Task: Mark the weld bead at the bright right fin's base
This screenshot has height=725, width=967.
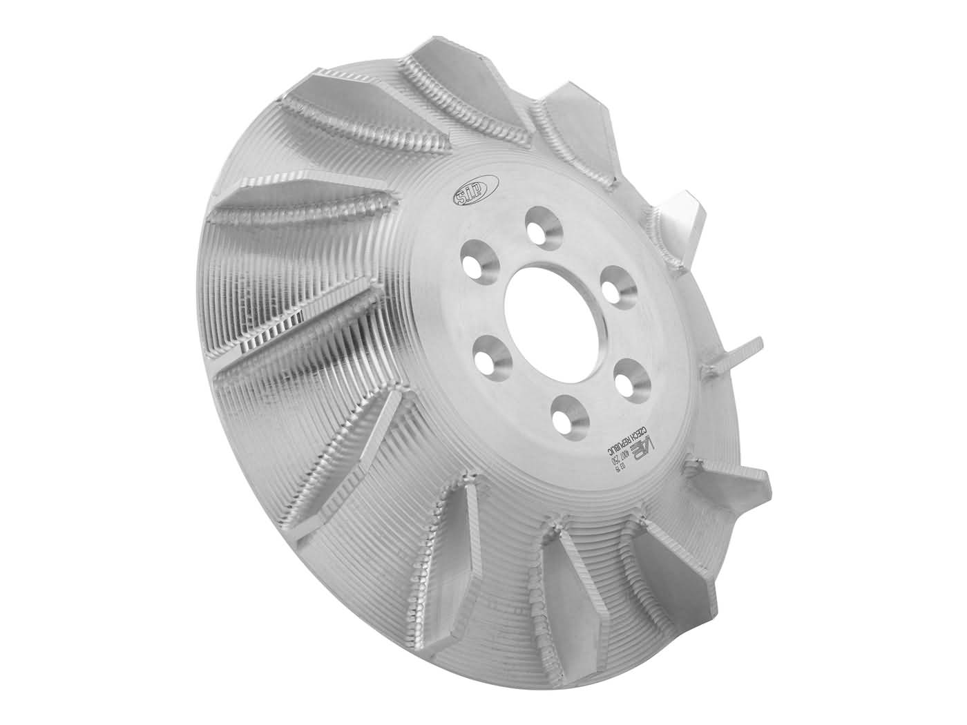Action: pos(653,224)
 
